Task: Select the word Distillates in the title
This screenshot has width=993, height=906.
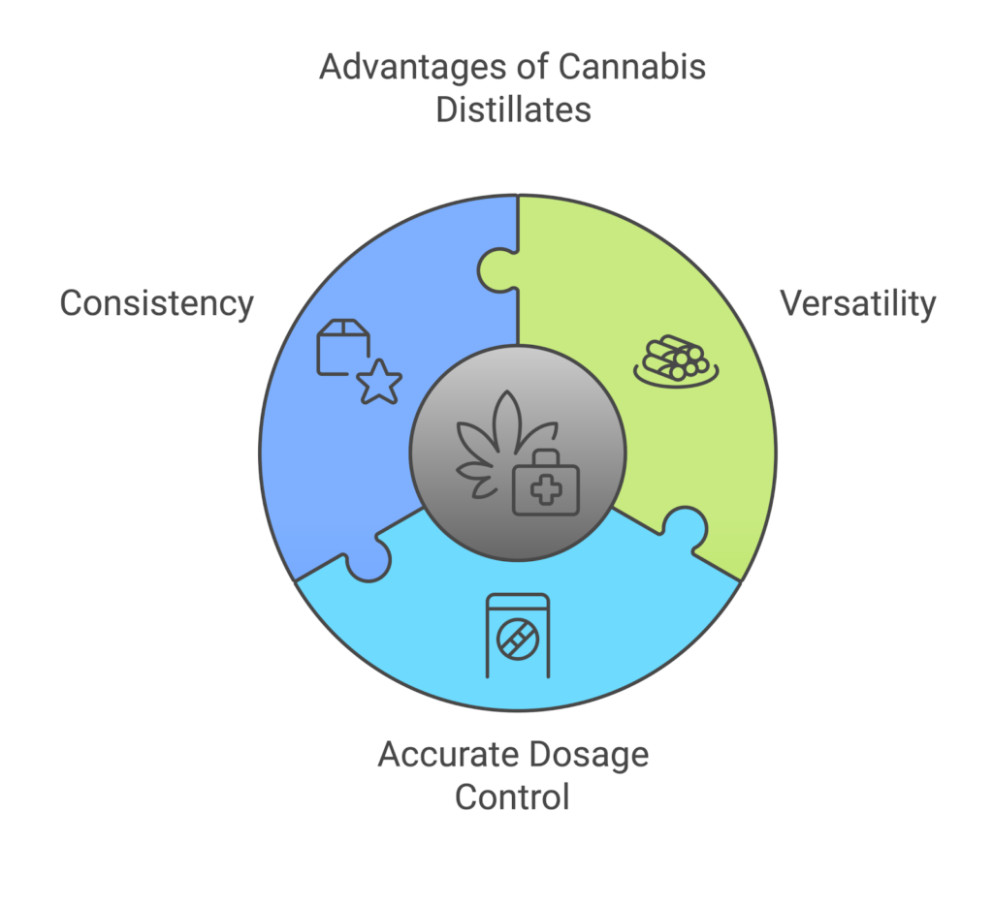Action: point(513,109)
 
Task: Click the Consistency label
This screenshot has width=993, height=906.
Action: point(156,303)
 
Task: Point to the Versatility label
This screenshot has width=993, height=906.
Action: point(858,303)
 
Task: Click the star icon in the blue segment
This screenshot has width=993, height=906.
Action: point(379,383)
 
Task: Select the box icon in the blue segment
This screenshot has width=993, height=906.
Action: point(342,346)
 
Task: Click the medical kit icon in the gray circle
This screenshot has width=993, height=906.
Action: point(545,484)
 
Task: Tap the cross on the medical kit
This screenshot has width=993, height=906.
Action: point(545,491)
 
